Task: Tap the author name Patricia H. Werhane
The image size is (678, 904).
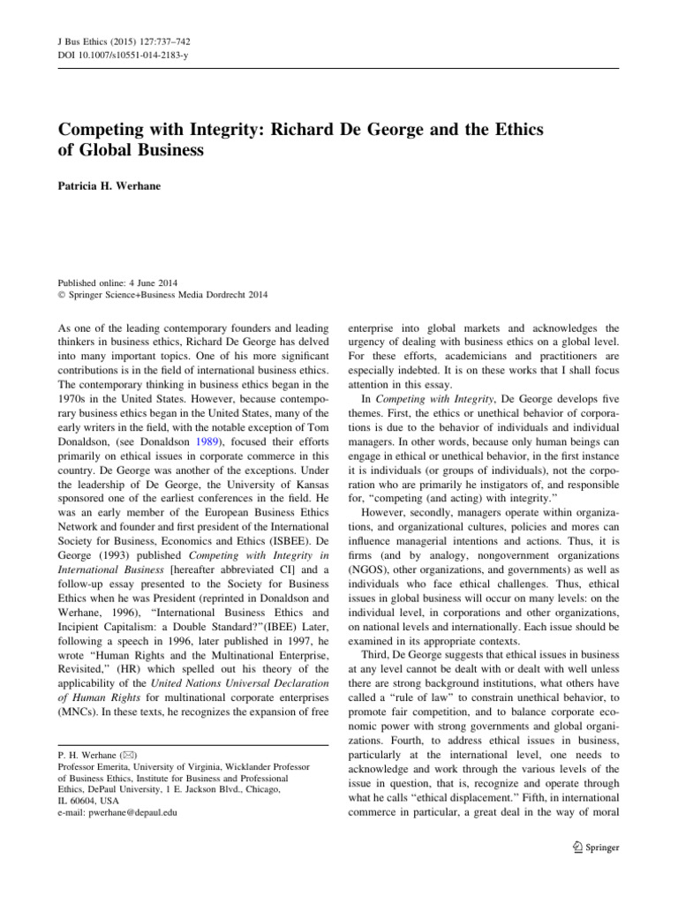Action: tap(111, 187)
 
